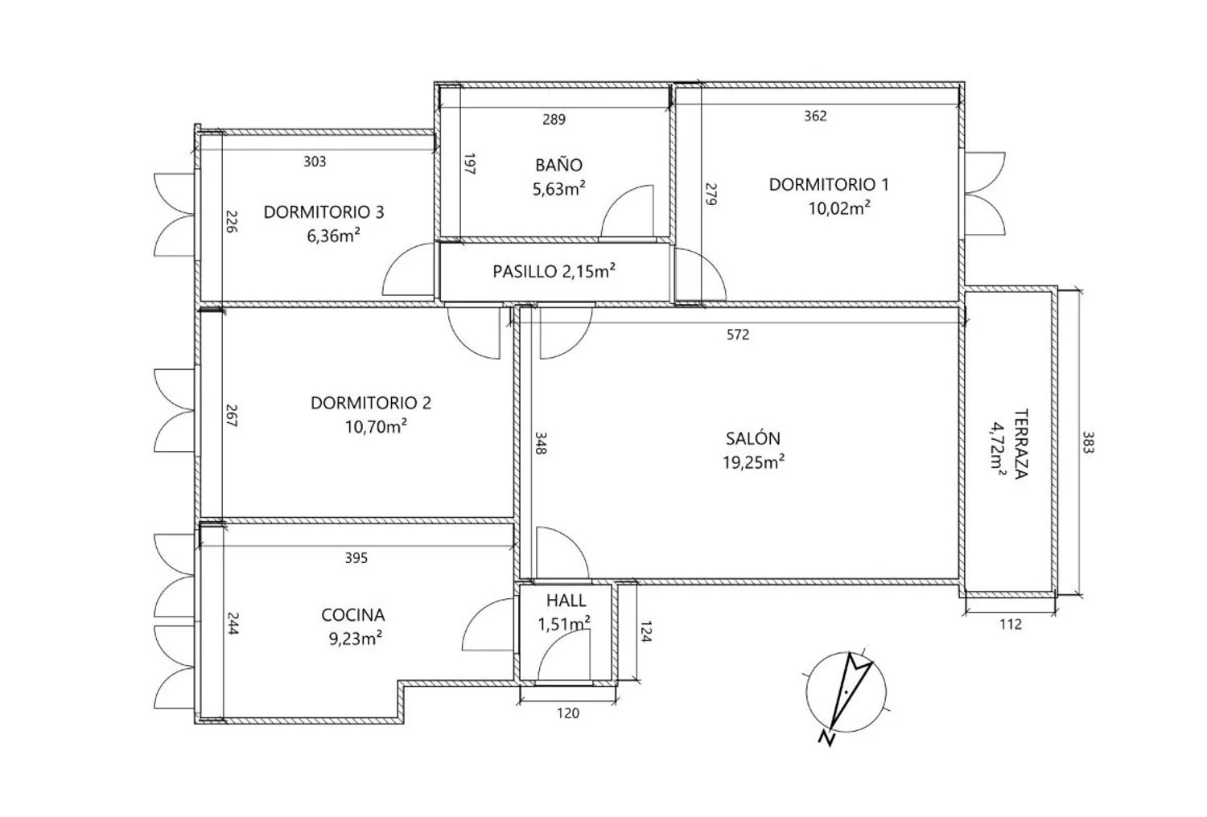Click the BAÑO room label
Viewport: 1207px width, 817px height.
(x=558, y=164)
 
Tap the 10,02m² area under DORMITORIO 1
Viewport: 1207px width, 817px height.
(x=839, y=207)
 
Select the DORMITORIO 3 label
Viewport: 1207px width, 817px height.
(x=323, y=212)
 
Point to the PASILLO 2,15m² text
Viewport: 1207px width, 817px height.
(x=554, y=271)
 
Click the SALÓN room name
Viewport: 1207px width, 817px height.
(x=752, y=438)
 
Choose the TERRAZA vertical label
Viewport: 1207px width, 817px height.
(x=1020, y=444)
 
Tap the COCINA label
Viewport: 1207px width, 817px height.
(x=353, y=614)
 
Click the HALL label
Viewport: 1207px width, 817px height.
(x=566, y=601)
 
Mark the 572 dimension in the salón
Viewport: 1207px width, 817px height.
(x=738, y=335)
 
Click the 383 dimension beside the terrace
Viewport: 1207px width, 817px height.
(x=1088, y=442)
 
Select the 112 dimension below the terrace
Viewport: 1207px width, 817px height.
(x=1011, y=624)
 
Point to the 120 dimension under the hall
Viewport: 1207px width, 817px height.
(x=568, y=713)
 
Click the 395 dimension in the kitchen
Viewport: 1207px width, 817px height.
(x=356, y=558)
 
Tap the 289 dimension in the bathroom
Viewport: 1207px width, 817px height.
(x=554, y=119)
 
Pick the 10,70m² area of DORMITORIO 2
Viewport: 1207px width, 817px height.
(x=376, y=426)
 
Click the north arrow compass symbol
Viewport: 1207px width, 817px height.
(x=845, y=693)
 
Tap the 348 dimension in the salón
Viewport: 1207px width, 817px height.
(x=541, y=443)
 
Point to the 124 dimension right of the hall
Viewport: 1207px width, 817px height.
(x=646, y=632)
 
